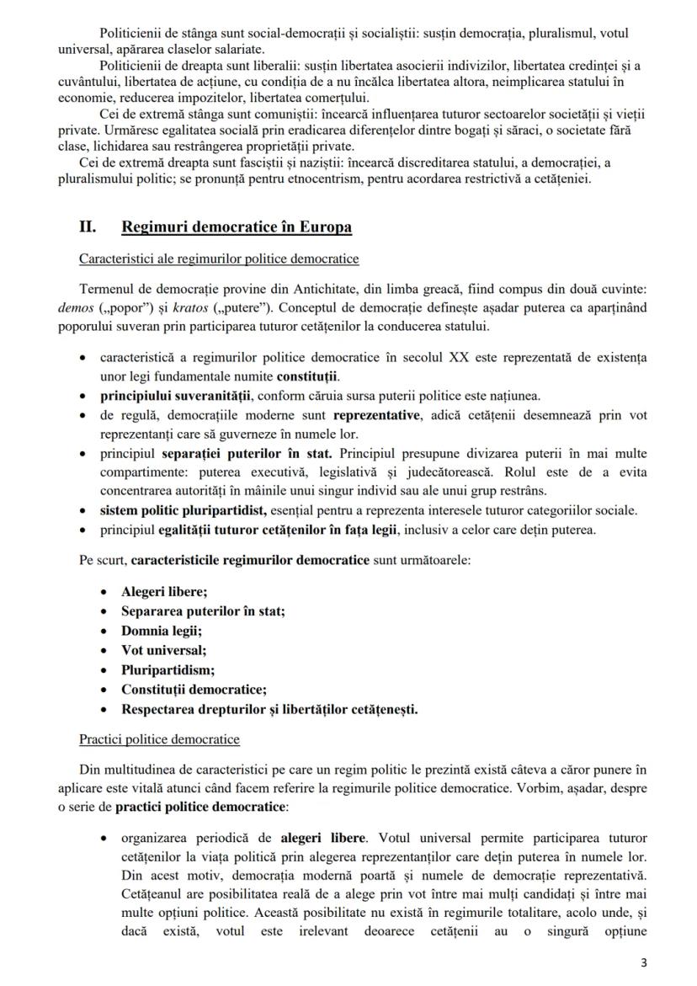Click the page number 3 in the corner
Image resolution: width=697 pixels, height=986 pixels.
pos(644,963)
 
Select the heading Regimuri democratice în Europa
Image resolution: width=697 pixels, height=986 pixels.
pos(237,227)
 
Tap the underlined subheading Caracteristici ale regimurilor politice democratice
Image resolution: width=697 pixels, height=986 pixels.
pos(219,258)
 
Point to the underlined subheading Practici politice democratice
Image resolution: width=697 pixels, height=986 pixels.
pos(159,739)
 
